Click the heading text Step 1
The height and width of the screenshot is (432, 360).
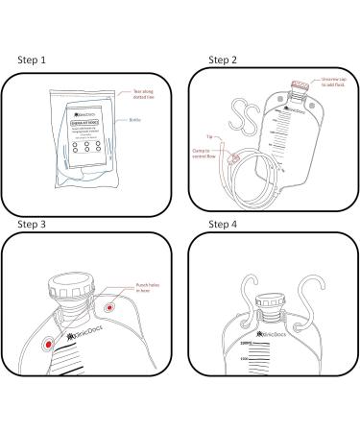(34, 59)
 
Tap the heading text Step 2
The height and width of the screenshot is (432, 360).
(224, 59)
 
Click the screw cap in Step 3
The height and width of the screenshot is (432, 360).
(73, 289)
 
